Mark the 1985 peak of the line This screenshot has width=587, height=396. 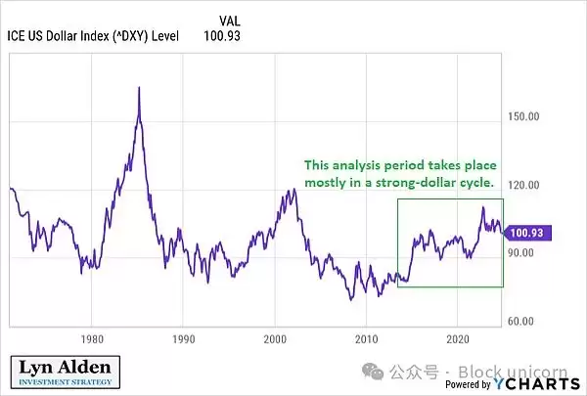[139, 88]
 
